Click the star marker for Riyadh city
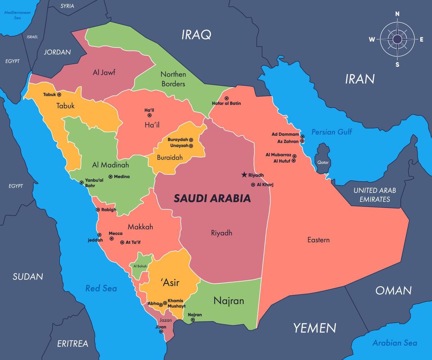tap(244, 175)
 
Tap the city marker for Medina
tap(111, 177)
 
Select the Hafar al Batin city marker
tap(227, 98)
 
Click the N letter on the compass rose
tap(397, 14)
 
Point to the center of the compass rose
tap(397, 39)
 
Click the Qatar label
tap(323, 162)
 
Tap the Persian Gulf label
tap(331, 132)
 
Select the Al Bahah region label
tap(140, 266)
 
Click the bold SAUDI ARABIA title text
tap(212, 198)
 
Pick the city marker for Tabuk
tap(59, 95)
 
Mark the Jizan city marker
tap(161, 331)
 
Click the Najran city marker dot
tap(193, 320)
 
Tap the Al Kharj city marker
tap(253, 185)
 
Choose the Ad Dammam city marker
tap(302, 136)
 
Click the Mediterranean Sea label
tap(17, 15)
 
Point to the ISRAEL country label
tap(32, 37)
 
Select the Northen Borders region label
tap(173, 79)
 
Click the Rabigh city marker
tap(98, 210)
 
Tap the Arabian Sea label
tap(395, 343)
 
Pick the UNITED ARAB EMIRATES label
tap(375, 195)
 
